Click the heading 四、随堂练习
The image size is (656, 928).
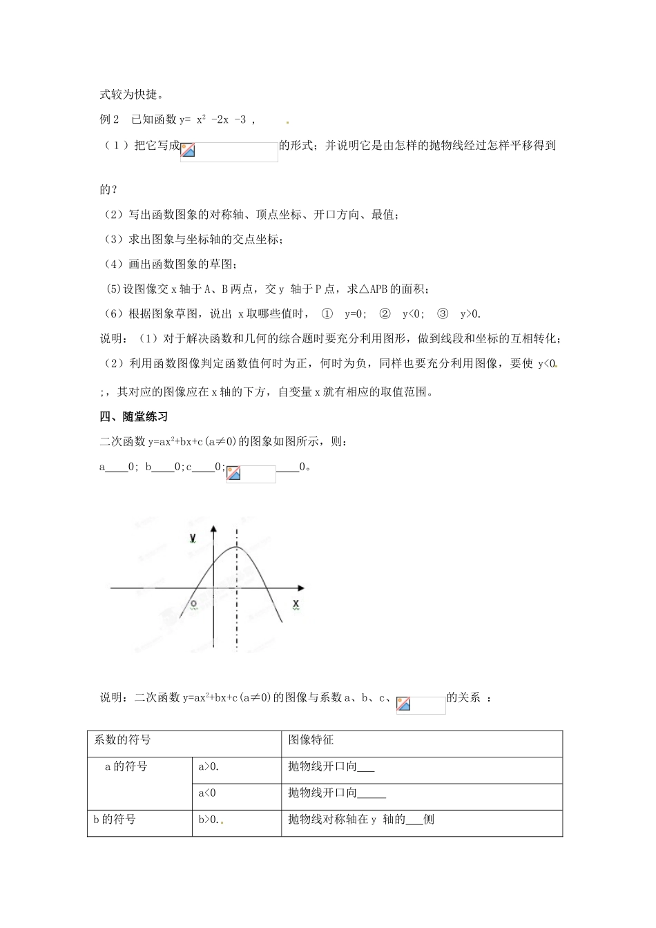(x=134, y=416)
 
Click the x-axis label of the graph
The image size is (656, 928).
(x=296, y=604)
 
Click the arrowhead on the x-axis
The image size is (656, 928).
(x=301, y=588)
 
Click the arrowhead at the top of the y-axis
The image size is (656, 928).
(x=214, y=530)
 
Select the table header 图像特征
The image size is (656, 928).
(x=311, y=740)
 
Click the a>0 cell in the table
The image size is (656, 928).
(x=209, y=766)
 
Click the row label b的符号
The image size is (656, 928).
(x=115, y=820)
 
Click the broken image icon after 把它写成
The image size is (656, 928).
(x=188, y=151)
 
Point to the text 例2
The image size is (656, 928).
(x=110, y=119)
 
